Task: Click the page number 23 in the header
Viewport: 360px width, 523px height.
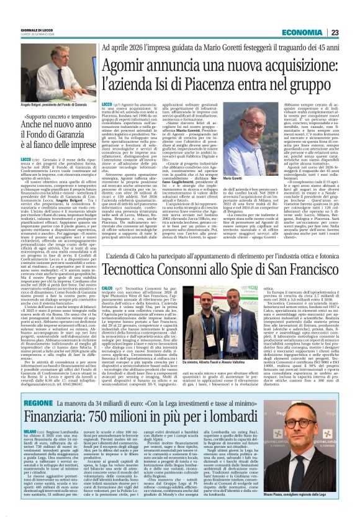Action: [351, 32]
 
